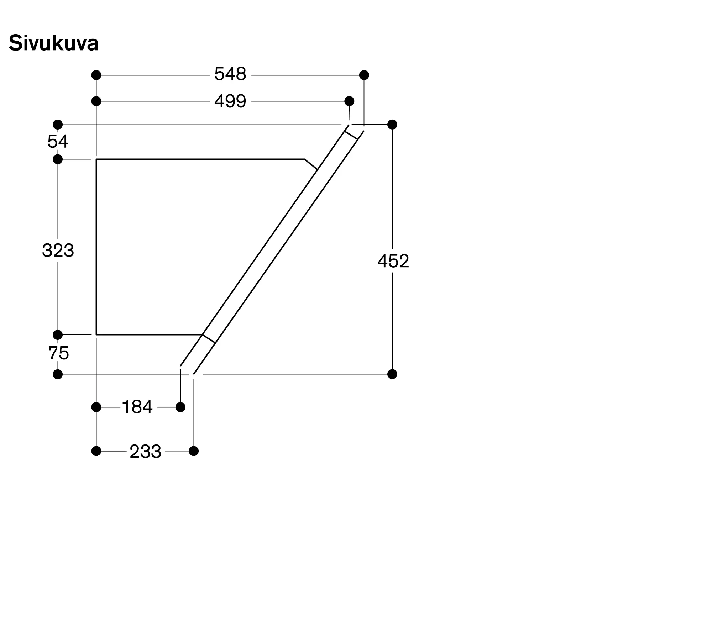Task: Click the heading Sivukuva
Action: tap(53, 43)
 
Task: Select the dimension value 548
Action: tap(230, 74)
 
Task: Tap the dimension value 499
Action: tap(230, 101)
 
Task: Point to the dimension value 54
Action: tap(58, 142)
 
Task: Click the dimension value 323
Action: tap(58, 250)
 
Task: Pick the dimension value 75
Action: tap(59, 353)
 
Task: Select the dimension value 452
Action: tap(393, 261)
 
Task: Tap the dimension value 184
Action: tap(137, 407)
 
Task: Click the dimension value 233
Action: tap(145, 452)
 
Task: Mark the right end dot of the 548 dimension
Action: tap(364, 75)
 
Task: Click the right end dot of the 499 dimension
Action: tap(350, 101)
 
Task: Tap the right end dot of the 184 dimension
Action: tap(180, 407)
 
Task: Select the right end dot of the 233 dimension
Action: tap(194, 451)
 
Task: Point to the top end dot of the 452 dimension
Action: tap(392, 125)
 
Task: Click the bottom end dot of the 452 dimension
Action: tap(392, 374)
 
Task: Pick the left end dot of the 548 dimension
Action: tap(96, 75)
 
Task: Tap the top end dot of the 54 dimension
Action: tap(58, 125)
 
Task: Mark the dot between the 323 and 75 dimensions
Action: tap(58, 335)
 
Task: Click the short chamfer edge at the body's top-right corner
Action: tap(311, 164)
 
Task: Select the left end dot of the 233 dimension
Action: tap(96, 451)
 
